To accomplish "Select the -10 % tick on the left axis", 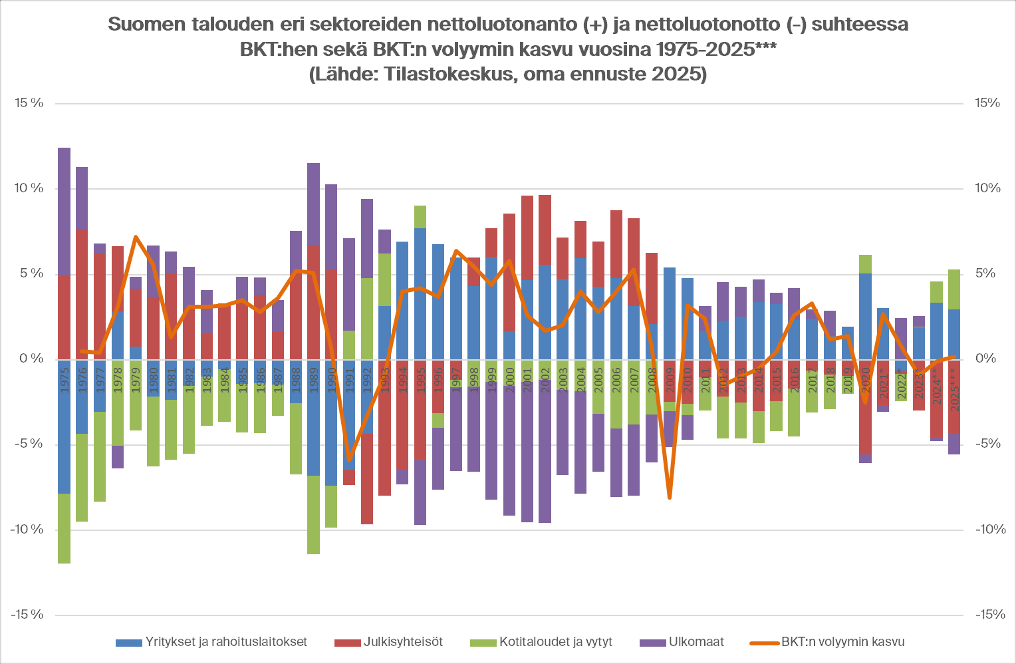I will [27, 530].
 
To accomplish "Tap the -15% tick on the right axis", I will [990, 615].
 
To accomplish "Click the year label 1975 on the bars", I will [64, 379].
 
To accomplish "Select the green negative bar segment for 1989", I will [313, 515].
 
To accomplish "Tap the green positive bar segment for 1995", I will [420, 217].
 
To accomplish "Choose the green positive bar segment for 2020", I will [865, 264].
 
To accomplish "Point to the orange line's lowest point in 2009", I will [669, 497].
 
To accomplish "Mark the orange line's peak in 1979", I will [136, 237].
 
